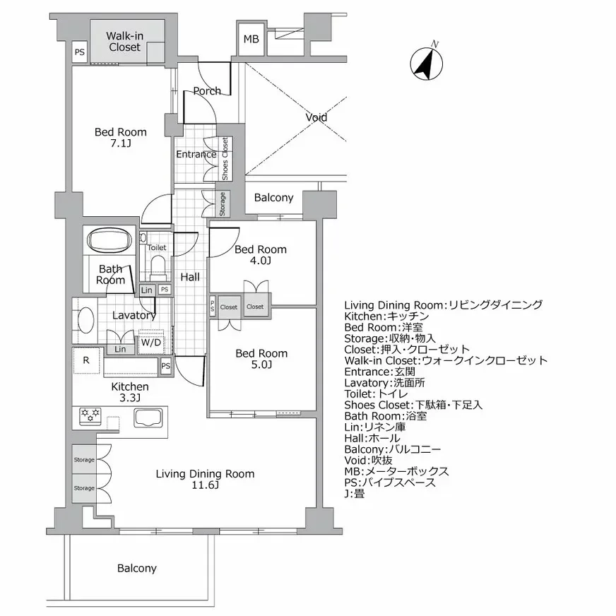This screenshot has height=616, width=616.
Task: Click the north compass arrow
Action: point(425,63)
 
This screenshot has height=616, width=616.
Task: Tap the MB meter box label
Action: point(251,40)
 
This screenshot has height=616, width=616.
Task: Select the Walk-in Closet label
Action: point(124,41)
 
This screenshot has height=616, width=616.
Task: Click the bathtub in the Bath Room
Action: point(109,240)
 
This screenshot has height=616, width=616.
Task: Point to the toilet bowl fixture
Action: point(158,265)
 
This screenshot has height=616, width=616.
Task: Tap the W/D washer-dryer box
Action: point(151,343)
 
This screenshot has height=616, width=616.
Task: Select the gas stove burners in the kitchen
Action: point(89,417)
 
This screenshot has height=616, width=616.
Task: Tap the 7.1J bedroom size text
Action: point(121,143)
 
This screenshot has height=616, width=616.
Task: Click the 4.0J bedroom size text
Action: point(261,261)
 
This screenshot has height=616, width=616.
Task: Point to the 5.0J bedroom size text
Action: point(261,365)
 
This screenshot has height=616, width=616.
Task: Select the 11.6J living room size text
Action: point(205,485)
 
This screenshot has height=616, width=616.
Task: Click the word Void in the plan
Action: point(316,117)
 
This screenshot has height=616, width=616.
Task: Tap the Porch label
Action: point(207,90)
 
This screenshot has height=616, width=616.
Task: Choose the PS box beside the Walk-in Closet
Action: point(80,52)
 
